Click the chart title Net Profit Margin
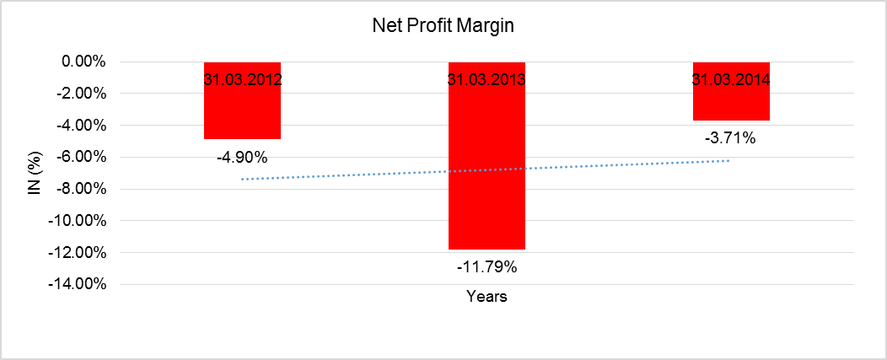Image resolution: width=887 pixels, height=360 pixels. point(443,26)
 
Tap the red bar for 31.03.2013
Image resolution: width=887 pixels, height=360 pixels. point(487,169)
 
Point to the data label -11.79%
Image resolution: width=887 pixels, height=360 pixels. point(487,268)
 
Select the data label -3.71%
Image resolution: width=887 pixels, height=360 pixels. point(731,138)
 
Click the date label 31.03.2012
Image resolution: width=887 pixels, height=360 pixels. point(242,81)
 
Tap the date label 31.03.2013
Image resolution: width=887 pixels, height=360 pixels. point(487,81)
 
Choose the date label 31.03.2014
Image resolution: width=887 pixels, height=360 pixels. point(731,81)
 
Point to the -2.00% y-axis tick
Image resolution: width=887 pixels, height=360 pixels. point(80,94)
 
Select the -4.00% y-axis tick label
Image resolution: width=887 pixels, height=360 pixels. point(80,126)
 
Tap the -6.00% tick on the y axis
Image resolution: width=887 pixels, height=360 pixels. point(80,157)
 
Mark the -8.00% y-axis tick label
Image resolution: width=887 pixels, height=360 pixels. point(80,189)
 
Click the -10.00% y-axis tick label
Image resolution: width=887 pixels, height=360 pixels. point(77,221)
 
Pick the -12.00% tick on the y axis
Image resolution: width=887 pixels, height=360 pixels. point(77,252)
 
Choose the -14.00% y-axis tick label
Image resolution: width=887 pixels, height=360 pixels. point(77,284)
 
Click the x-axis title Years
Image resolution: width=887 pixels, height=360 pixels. point(487,297)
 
